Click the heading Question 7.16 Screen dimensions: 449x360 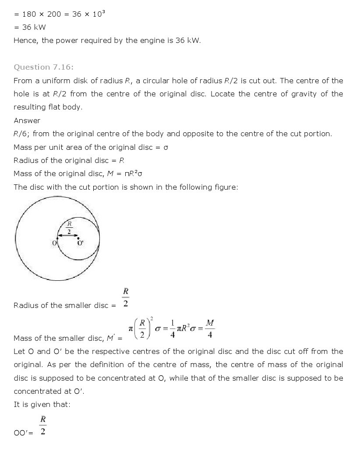click(43, 67)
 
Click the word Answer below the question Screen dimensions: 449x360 click(27, 120)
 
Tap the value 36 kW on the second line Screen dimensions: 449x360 click(34, 27)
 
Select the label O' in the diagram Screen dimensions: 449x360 click(81, 243)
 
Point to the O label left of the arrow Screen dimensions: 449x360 click(54, 243)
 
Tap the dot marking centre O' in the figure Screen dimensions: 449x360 click(78, 238)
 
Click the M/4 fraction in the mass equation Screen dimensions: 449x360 click(210, 329)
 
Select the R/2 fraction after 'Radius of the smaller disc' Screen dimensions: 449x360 click(126, 298)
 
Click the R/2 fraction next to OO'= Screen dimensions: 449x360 click(43, 425)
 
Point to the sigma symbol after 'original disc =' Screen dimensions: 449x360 click(166, 148)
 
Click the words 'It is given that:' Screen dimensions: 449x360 click(42, 405)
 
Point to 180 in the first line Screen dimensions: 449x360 click(29, 14)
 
